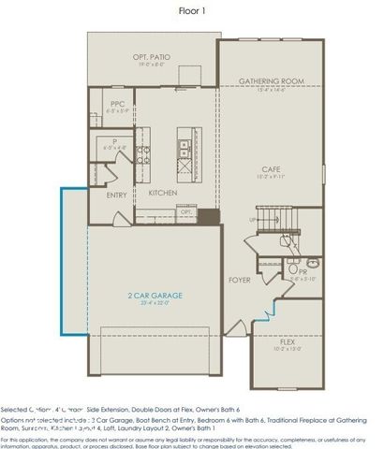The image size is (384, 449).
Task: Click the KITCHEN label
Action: [x=163, y=193]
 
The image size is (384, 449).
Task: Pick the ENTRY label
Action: [x=117, y=196]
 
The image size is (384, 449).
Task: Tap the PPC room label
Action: [x=118, y=104]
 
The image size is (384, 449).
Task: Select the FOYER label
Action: [x=240, y=280]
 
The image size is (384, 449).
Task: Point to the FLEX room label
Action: [x=289, y=342]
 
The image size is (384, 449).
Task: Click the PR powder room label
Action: [x=303, y=271]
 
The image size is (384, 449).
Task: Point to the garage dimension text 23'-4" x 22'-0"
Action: [x=155, y=303]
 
